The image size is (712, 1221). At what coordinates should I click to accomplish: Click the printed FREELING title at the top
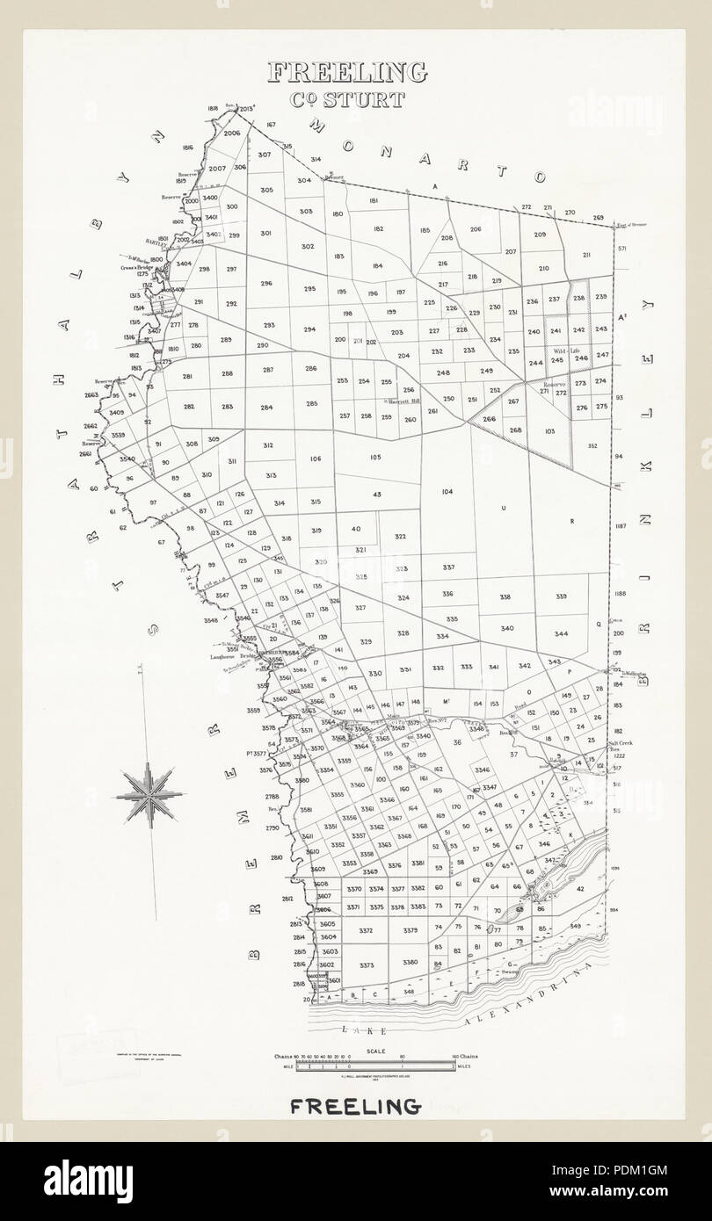(348, 73)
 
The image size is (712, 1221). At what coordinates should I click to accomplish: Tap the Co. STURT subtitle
(348, 99)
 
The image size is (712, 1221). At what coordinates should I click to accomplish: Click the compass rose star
(150, 788)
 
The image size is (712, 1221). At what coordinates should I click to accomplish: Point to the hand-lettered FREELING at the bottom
(357, 1104)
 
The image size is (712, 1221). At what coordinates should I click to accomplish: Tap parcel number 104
(447, 492)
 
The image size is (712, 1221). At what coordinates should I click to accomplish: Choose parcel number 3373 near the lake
(367, 965)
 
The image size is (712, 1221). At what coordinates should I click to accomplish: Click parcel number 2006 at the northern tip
(232, 134)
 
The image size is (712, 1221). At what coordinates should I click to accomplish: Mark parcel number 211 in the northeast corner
(586, 255)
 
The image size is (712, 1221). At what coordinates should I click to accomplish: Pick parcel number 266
(490, 419)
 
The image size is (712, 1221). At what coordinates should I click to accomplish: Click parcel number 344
(562, 633)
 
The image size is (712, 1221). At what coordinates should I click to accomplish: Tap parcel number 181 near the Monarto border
(373, 201)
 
